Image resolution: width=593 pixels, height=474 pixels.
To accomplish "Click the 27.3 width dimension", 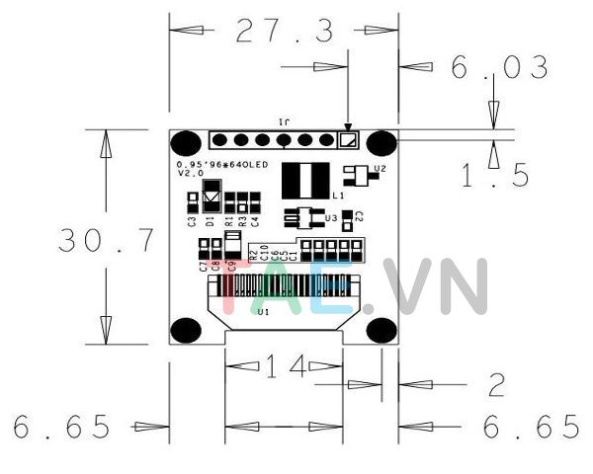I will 285,33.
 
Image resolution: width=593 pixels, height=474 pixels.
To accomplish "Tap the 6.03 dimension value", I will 499,68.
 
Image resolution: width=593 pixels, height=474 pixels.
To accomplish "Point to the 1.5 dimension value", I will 496,176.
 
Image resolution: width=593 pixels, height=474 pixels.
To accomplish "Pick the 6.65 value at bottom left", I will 62,427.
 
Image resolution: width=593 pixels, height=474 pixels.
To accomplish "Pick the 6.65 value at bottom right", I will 531,427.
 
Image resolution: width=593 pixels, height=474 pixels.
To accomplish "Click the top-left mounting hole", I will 186,143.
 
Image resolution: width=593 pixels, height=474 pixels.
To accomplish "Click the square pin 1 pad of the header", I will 346,140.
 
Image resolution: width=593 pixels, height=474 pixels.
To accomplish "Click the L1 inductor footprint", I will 304,180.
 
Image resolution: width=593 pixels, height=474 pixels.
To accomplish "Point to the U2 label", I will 380,170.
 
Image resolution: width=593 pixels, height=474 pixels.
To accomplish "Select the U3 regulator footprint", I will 301,215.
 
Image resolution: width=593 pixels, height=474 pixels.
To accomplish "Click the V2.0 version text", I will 190,173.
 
